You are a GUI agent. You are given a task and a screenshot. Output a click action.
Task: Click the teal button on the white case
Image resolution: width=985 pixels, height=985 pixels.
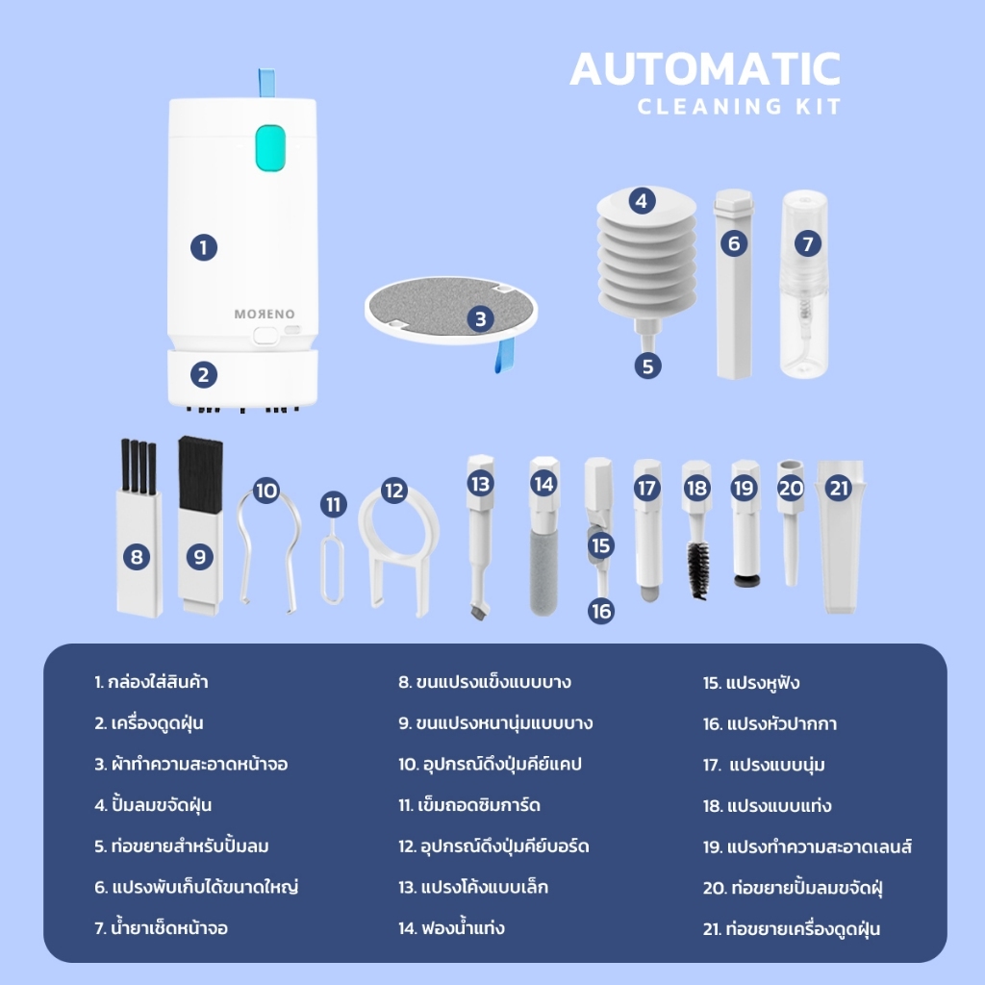pos(270,147)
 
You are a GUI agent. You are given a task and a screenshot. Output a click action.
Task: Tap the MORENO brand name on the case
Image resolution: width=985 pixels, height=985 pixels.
pos(265,315)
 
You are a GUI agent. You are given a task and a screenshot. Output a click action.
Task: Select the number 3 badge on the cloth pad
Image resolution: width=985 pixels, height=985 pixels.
pos(481,319)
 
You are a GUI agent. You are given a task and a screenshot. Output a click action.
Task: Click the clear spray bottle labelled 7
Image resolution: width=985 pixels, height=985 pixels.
pos(805,284)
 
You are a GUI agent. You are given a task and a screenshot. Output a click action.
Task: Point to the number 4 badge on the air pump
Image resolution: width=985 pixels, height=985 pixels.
pos(642,201)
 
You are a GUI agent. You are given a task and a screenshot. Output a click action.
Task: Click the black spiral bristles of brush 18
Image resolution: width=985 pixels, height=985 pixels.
pos(698,569)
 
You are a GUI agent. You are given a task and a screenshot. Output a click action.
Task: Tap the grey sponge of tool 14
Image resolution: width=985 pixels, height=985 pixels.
pos(543,572)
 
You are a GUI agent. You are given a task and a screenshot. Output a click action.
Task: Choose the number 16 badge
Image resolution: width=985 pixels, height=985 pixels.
pos(601,611)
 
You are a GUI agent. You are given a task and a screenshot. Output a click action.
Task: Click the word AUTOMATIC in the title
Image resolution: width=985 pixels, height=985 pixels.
pos(705,69)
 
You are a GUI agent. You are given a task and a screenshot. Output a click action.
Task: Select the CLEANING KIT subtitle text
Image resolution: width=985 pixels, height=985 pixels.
pos(739,107)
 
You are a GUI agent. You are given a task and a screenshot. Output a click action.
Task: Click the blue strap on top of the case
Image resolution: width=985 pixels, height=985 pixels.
pos(267,83)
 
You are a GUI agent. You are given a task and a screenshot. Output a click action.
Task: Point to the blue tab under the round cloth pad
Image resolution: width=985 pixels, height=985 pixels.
pos(504,355)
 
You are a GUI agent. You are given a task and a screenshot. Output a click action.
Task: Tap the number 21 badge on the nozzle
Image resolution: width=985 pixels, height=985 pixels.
pos(840,488)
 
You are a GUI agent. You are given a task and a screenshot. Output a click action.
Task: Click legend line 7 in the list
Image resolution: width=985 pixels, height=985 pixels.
pos(162,928)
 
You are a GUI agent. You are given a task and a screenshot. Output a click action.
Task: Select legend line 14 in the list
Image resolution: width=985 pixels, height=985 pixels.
pos(452,928)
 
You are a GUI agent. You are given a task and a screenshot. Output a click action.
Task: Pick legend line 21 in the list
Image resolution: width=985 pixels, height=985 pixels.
pos(792,928)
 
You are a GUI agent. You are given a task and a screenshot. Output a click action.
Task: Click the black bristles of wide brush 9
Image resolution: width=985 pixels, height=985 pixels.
pos(200,472)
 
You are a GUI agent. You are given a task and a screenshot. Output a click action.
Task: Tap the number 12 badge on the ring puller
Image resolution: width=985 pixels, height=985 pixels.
pos(393,490)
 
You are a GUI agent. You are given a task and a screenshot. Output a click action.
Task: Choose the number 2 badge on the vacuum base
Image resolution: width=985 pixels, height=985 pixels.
pos(204,375)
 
